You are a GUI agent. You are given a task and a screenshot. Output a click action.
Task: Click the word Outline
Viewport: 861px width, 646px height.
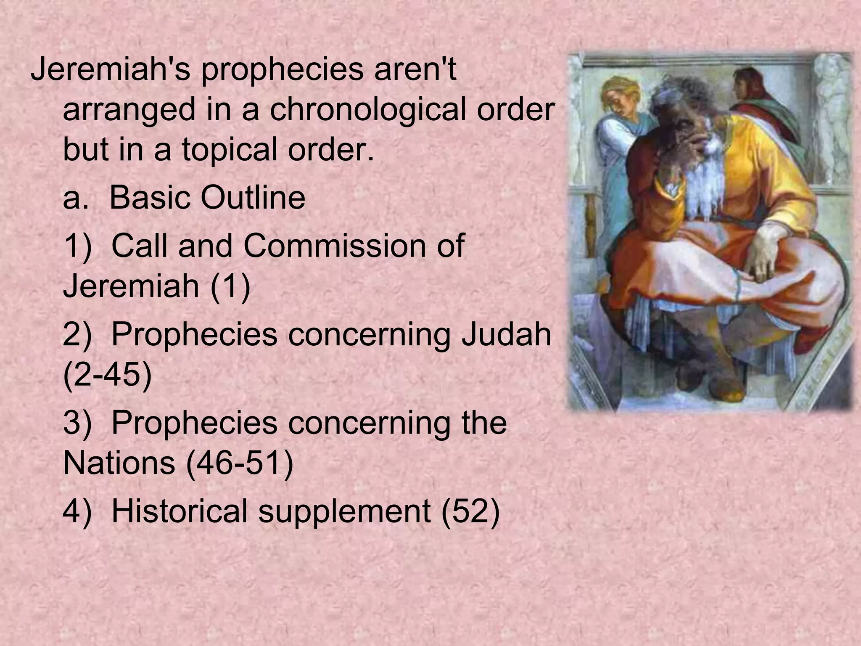[x=253, y=197]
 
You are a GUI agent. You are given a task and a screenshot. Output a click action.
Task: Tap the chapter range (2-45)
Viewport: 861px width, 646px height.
[x=107, y=375]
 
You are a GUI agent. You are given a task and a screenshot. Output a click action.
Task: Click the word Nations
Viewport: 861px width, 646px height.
[x=119, y=463]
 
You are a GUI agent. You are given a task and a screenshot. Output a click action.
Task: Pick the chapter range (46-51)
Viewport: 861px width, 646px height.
[x=239, y=463]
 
